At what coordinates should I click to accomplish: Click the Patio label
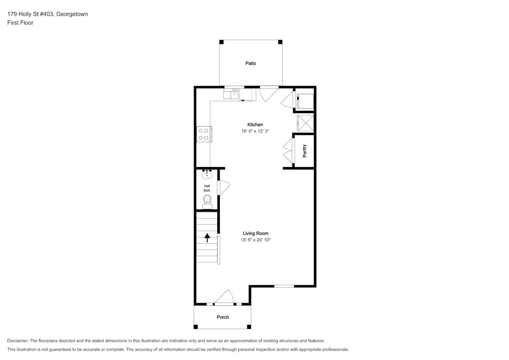pyautogui.click(x=251, y=63)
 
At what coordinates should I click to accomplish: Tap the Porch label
pyautogui.click(x=223, y=317)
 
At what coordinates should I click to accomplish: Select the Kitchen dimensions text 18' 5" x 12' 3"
pyautogui.click(x=255, y=131)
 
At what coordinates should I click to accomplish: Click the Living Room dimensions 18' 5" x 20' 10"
pyautogui.click(x=255, y=240)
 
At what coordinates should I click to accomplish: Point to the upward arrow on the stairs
pyautogui.click(x=207, y=238)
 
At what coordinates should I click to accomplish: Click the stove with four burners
pyautogui.click(x=204, y=134)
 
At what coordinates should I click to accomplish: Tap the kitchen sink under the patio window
pyautogui.click(x=231, y=94)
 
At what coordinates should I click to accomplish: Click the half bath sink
pyautogui.click(x=207, y=175)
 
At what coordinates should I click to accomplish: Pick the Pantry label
pyautogui.click(x=305, y=151)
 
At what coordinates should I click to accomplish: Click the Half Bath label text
pyautogui.click(x=207, y=188)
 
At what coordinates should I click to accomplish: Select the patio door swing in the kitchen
pyautogui.click(x=268, y=93)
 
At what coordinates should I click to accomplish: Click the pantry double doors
pyautogui.click(x=288, y=151)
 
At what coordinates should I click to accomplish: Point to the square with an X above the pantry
pyautogui.click(x=306, y=123)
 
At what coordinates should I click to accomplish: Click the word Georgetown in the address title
pyautogui.click(x=72, y=14)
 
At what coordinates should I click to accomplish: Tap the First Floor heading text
pyautogui.click(x=20, y=23)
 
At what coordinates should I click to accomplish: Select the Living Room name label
pyautogui.click(x=255, y=234)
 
